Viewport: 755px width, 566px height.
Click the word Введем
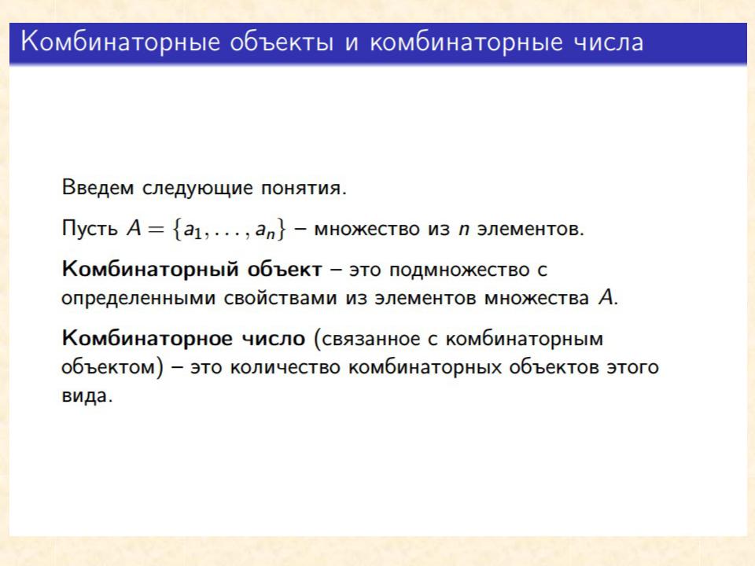coord(98,187)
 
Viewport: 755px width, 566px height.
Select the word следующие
coord(198,188)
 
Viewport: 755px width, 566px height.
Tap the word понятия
coord(304,188)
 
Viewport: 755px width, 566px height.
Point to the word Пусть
coord(90,229)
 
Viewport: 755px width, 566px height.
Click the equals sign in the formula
coord(156,229)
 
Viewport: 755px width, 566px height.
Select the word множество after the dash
coord(367,229)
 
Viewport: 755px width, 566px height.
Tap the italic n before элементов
coord(464,230)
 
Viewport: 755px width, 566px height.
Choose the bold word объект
coord(285,269)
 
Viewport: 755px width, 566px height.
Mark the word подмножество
coord(459,270)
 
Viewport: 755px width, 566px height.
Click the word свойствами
coord(281,299)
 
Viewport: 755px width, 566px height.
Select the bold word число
coord(273,339)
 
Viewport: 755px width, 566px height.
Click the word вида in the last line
coord(86,396)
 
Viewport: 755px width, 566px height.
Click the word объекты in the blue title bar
coord(282,42)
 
